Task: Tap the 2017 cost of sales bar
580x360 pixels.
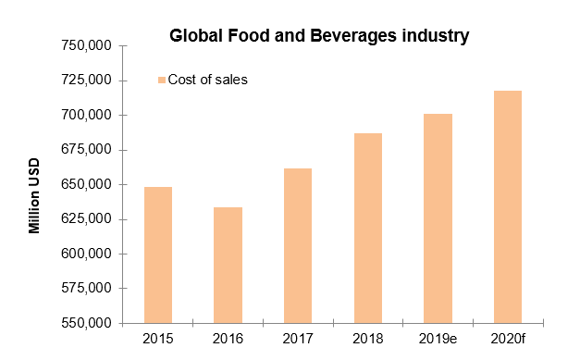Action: tap(298, 245)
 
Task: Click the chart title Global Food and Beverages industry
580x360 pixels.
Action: tap(318, 37)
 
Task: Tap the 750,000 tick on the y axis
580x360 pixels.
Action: tap(85, 45)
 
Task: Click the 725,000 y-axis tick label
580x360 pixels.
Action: tap(85, 81)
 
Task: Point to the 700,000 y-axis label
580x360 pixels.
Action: tap(85, 115)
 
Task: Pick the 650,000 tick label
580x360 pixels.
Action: tap(85, 184)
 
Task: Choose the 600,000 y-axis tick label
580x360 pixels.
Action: tap(85, 254)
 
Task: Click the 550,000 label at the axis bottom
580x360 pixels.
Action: tap(85, 323)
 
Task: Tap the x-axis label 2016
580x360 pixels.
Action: tap(228, 340)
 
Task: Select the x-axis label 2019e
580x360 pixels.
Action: tap(438, 340)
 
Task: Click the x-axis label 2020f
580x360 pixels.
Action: tap(508, 340)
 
